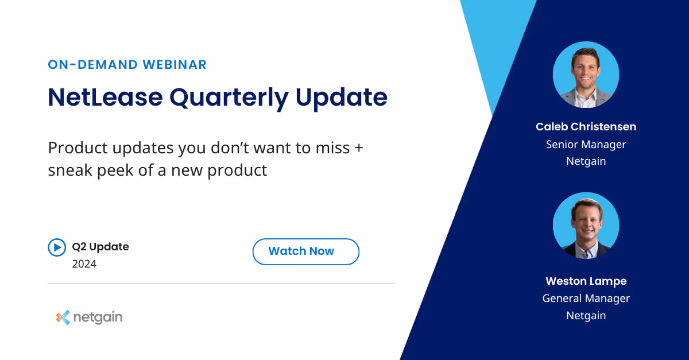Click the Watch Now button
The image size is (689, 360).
(x=305, y=251)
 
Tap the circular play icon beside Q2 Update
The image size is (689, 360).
(x=57, y=247)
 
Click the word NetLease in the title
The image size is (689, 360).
(x=104, y=97)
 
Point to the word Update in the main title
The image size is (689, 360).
(x=342, y=98)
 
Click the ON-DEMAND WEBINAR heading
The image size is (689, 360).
(x=127, y=64)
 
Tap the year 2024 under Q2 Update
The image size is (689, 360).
(x=84, y=264)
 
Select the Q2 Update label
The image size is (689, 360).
(x=100, y=247)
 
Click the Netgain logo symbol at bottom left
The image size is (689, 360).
(x=63, y=317)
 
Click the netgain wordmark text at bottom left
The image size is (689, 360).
(x=97, y=317)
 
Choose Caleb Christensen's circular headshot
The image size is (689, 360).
(x=586, y=75)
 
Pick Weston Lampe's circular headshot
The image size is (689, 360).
(x=586, y=226)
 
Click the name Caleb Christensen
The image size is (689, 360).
(x=586, y=126)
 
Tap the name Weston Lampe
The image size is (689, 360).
(x=586, y=281)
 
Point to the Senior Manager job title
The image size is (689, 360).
(x=586, y=144)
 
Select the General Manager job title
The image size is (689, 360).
(x=586, y=298)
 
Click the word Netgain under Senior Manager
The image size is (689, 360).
(x=586, y=161)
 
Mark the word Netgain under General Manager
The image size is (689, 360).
(x=586, y=315)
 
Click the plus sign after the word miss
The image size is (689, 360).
(x=358, y=148)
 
